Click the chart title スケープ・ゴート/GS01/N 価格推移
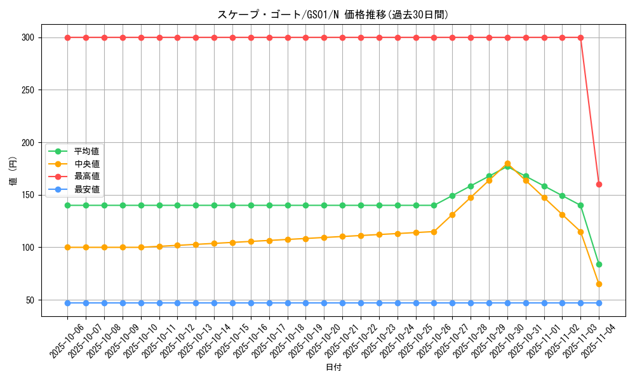[x=333, y=15]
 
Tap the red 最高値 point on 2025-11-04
[x=599, y=184]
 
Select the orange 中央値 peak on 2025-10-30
[x=507, y=163]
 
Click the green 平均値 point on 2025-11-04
[x=599, y=264]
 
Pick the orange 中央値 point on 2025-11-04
[x=599, y=284]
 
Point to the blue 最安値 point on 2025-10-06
[x=67, y=303]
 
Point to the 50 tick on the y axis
[x=30, y=300]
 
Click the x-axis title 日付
[x=333, y=368]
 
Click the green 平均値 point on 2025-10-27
[x=452, y=196]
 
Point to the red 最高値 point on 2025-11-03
[x=580, y=37]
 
